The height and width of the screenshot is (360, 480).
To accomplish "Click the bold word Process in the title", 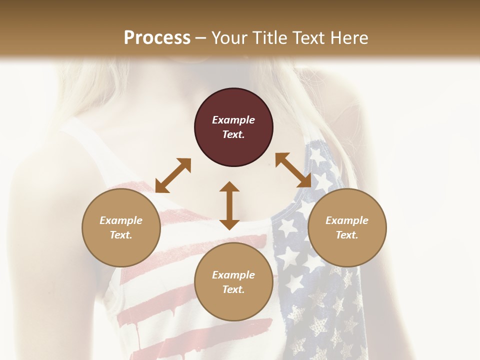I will [x=157, y=38].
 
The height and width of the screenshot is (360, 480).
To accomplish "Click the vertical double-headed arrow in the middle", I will [x=229, y=205].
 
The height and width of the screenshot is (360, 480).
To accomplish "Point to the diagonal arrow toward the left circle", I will [x=173, y=175].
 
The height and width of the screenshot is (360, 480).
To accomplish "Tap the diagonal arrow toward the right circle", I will [x=293, y=170].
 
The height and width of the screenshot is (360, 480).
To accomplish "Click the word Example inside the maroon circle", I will [x=233, y=120].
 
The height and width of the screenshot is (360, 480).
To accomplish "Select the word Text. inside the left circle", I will [x=121, y=235].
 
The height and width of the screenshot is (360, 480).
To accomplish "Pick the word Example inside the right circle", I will [x=347, y=220].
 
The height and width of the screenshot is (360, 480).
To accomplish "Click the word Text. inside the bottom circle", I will [x=233, y=289].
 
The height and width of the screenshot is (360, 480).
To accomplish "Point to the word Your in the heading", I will [x=228, y=38].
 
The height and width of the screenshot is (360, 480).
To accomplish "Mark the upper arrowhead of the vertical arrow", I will [x=229, y=187].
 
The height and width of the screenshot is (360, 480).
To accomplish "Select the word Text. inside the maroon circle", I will [x=233, y=134].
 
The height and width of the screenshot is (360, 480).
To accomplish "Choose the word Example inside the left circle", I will [x=121, y=220].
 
